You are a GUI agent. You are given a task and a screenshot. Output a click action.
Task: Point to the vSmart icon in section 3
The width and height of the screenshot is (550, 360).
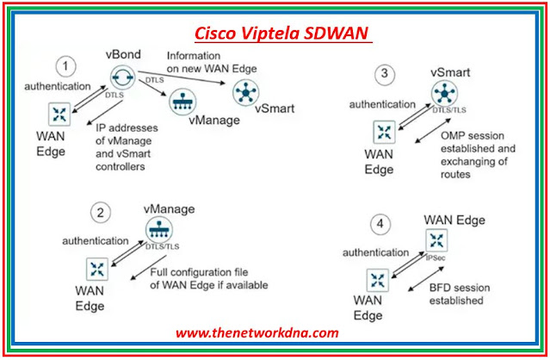click(x=440, y=96)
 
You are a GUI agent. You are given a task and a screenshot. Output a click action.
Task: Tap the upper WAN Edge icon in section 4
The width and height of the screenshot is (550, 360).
click(x=438, y=243)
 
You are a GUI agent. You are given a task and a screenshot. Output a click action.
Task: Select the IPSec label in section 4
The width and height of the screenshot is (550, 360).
click(x=439, y=258)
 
